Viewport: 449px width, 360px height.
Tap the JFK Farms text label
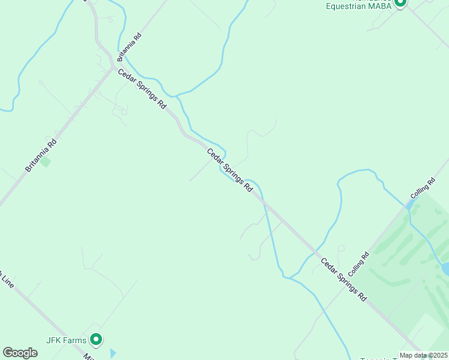coord(67,340)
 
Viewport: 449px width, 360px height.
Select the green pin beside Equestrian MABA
coord(400,3)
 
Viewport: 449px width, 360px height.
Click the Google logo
coord(20,353)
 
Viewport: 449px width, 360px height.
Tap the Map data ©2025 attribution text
coord(424,355)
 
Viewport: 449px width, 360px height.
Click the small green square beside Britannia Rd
coord(46,162)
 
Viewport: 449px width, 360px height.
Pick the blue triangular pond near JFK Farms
coord(113,353)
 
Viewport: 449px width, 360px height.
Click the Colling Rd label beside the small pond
coord(423,189)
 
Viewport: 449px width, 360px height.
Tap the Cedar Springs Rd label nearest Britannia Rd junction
coord(142,88)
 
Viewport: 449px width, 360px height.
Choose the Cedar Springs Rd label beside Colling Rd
coord(343,279)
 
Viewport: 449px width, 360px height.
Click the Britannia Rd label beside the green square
coord(41,155)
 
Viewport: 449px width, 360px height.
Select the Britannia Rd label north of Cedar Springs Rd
coord(129,47)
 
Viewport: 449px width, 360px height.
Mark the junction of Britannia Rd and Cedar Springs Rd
coord(112,67)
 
